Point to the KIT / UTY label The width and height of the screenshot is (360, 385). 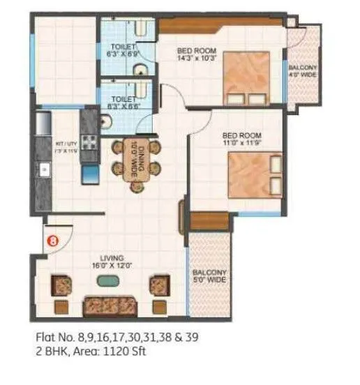pos(64,147)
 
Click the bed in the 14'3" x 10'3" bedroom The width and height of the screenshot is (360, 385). pos(246,79)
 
